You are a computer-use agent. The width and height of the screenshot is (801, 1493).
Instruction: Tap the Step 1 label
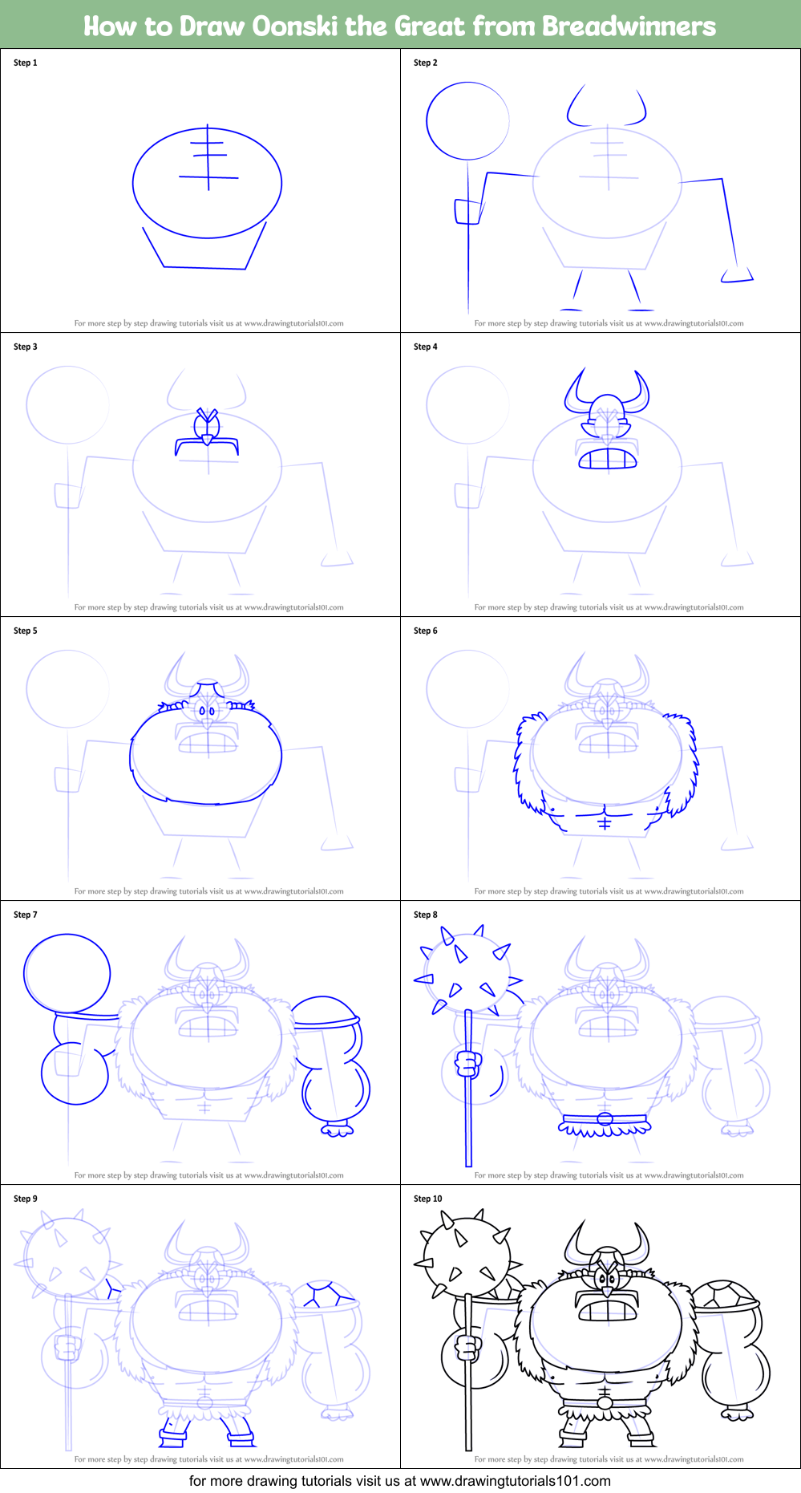(26, 63)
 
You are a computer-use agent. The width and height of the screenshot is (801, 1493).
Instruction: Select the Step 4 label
(426, 347)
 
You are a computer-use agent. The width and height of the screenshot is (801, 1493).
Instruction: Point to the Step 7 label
(26, 915)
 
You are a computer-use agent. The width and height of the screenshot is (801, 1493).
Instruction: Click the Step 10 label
(428, 1199)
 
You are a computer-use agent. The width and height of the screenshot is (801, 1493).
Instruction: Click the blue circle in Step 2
(467, 121)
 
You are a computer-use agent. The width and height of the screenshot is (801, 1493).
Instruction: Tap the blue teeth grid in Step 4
(608, 459)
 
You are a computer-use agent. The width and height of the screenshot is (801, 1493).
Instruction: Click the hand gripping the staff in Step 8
(468, 1065)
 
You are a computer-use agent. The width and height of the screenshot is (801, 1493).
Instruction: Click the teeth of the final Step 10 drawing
(608, 1310)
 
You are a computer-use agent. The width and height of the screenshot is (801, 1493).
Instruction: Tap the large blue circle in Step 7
(67, 973)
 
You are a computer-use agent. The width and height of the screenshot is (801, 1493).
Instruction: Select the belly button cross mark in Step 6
(605, 823)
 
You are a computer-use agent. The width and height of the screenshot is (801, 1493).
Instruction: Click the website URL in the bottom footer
(515, 1481)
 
